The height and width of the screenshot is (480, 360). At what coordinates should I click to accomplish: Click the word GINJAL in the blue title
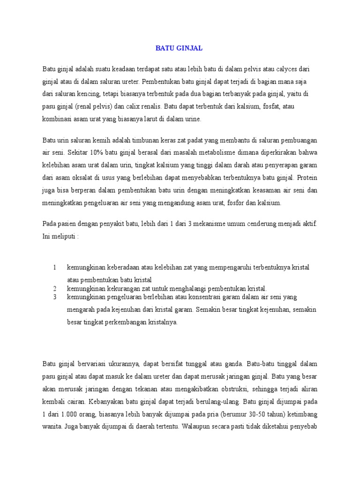coord(190,48)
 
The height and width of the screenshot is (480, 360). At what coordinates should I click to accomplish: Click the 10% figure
coord(98,153)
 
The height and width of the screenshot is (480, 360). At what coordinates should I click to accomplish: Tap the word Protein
coord(307,178)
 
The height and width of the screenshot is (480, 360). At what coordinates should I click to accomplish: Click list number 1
coord(55,268)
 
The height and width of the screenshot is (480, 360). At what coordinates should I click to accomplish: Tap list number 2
coord(55,288)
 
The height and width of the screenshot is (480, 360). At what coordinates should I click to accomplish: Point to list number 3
coord(55,297)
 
